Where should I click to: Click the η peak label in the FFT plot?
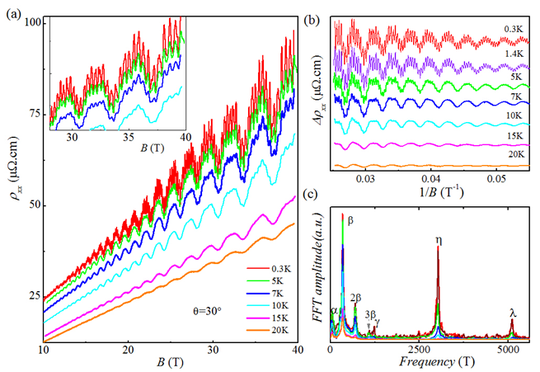coord(438,242)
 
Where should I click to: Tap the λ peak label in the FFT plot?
coord(513,313)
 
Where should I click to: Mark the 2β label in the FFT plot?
coord(356,297)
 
